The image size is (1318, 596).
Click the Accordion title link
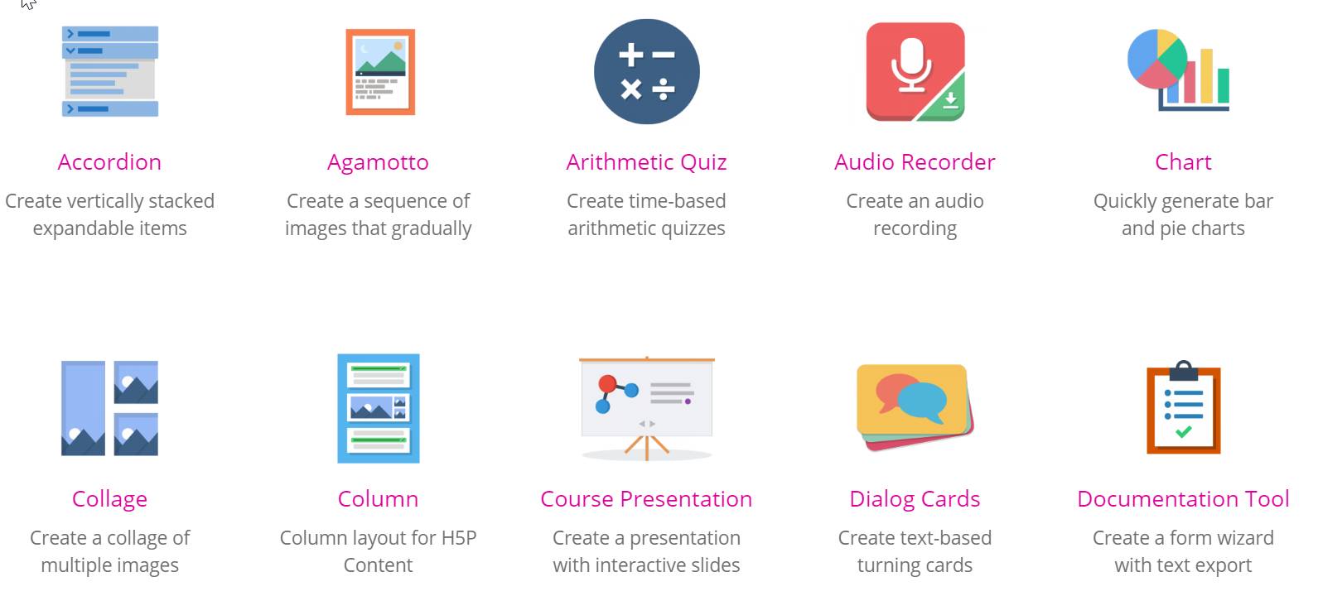point(109,162)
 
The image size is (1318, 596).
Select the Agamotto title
point(378,163)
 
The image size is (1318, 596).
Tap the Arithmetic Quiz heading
point(647,162)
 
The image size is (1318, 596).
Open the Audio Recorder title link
point(915,162)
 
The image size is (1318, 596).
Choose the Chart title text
point(1183,162)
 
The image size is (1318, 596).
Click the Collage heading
point(109,500)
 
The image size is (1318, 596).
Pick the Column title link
point(378,499)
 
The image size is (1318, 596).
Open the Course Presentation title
point(647,499)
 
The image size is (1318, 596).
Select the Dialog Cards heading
point(915,500)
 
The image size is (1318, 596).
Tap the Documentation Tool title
point(1183,499)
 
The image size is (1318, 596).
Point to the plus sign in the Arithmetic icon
point(630,55)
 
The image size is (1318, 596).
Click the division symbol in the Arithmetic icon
point(663,89)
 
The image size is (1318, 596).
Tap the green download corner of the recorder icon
point(945,101)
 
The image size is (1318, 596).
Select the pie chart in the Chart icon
point(1156,59)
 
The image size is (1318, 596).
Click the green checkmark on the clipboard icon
point(1183,432)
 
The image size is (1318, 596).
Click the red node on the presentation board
point(607,384)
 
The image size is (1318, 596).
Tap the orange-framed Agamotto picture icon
point(380,72)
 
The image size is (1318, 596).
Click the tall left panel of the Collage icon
point(83,408)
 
